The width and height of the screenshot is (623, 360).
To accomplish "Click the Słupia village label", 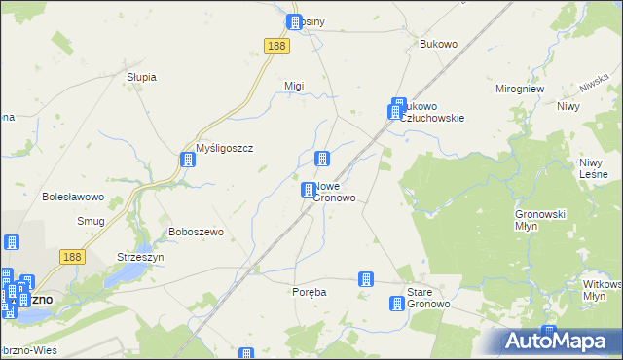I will click(141, 77).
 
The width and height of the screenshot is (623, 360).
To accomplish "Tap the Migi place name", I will click(294, 86).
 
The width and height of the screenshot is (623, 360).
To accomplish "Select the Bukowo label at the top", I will click(438, 45).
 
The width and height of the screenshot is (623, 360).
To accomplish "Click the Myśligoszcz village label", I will click(225, 148).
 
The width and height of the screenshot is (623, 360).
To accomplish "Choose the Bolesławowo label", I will click(73, 197).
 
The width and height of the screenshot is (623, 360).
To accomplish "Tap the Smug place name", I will click(91, 221).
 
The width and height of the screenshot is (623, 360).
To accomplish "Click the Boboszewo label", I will click(197, 232).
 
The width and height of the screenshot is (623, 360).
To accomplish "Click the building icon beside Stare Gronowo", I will click(397, 304).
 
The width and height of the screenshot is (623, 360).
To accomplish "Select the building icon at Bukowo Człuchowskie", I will click(397, 108).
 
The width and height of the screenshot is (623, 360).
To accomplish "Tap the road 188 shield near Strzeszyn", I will click(71, 256).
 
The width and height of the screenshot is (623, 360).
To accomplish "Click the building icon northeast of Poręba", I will click(366, 279).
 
